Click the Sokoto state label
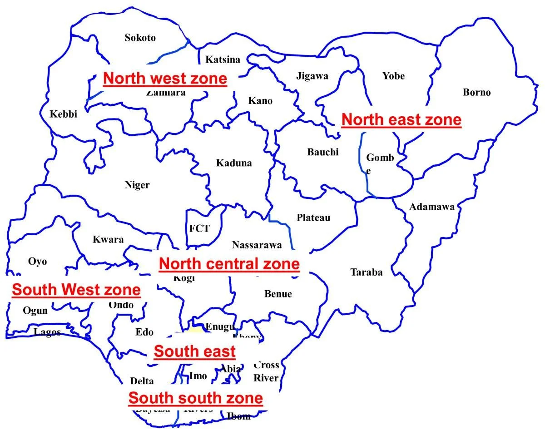point(140,38)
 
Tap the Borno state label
point(476,92)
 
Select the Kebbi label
point(63,114)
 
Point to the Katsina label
point(223,59)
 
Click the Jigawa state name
point(312,76)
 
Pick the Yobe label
point(393,76)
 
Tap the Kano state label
point(260,100)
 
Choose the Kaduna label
point(233,163)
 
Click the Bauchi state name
point(323,152)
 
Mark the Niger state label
point(137,185)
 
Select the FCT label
point(199,228)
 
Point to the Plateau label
point(313,217)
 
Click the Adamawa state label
point(431,207)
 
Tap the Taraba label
point(366,272)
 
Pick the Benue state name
point(278,294)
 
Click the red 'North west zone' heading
point(164,79)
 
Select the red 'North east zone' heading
point(401,120)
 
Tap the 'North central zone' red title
point(229,264)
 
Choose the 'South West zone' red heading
point(76,290)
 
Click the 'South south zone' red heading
point(196,398)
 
